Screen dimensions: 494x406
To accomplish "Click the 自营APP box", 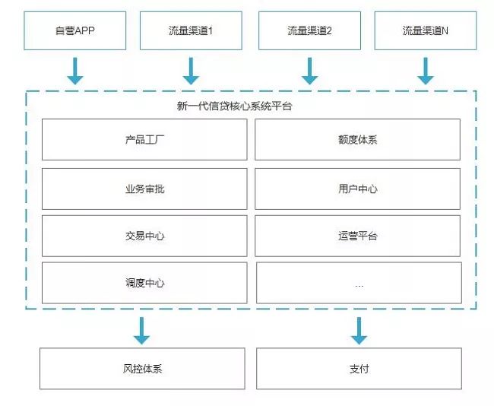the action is tap(75, 30).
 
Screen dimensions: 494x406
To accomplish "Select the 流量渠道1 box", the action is tap(191, 30).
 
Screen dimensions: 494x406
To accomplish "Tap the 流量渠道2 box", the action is tap(309, 30).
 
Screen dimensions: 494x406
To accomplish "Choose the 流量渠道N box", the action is tap(426, 30).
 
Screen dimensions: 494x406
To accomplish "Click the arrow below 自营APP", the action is tap(75, 71).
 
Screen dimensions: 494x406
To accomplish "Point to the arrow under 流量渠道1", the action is tap(191, 71).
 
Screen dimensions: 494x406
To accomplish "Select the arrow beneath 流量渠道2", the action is tap(309, 71).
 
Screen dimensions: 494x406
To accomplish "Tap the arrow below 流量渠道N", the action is tap(426, 71).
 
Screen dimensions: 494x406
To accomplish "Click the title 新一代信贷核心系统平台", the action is tap(234, 106).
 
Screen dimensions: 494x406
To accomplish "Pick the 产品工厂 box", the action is tap(144, 139).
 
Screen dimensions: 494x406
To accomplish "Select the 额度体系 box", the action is tap(358, 139).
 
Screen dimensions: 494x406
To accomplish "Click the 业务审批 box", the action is tap(144, 189).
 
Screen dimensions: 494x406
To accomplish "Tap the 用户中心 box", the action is tap(358, 189).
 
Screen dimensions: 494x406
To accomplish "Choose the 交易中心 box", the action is tap(144, 236).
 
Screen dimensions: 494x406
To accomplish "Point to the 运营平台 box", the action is tap(358, 236).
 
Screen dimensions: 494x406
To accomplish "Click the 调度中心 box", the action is tap(144, 283).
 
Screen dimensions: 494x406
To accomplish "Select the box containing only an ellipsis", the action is tap(359, 283).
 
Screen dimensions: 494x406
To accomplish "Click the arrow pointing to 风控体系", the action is tap(141, 331).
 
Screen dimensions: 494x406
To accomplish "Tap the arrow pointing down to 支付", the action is tap(359, 331).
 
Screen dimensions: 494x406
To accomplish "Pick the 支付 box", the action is tap(359, 369).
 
